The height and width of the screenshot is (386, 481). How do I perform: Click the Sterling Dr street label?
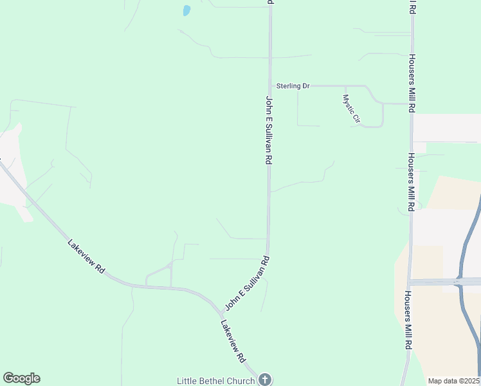[293, 86]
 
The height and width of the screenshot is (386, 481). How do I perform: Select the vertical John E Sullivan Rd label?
[269, 131]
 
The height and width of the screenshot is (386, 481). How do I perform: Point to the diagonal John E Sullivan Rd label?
[246, 282]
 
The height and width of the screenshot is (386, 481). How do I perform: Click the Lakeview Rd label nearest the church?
[233, 340]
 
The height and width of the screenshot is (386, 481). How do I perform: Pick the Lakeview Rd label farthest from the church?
[86, 257]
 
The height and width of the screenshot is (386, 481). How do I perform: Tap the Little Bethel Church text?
[215, 381]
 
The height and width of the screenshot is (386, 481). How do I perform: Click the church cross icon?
[264, 380]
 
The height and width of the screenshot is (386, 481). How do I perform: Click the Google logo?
[21, 378]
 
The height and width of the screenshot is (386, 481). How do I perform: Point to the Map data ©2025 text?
[453, 381]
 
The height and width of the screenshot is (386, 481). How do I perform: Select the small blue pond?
[186, 10]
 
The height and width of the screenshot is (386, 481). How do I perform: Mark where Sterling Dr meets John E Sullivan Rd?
[270, 86]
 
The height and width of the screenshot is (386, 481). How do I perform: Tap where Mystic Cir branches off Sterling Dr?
[345, 86]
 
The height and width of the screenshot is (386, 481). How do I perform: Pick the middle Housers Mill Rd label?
[410, 182]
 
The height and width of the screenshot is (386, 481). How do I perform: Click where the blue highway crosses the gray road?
[459, 281]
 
